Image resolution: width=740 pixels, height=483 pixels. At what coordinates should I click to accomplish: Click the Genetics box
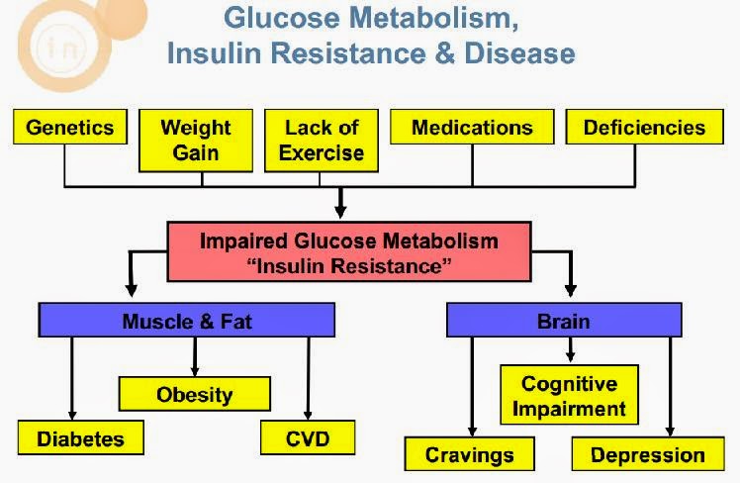(x=70, y=128)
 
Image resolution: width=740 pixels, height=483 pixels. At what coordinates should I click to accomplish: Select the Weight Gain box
(x=196, y=140)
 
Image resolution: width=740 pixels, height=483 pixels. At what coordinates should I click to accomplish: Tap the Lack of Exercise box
(x=322, y=140)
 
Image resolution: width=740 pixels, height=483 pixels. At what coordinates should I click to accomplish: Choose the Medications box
(x=472, y=128)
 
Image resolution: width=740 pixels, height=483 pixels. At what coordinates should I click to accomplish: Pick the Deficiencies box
(x=644, y=128)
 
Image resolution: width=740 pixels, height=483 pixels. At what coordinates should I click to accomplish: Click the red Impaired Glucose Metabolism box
(x=349, y=253)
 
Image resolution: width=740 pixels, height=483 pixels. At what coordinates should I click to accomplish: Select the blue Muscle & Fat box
(x=187, y=321)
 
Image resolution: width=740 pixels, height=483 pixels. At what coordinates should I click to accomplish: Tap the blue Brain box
(x=564, y=321)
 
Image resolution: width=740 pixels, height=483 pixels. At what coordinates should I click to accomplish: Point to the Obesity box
(x=195, y=394)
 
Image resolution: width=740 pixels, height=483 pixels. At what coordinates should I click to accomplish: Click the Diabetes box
(x=80, y=437)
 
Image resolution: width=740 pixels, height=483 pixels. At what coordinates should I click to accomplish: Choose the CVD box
(x=308, y=437)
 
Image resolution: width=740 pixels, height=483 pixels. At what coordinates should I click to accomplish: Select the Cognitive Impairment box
(x=569, y=396)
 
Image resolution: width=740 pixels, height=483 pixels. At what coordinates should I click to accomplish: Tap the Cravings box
(x=470, y=454)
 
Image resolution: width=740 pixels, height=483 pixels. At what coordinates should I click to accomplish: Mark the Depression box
(x=648, y=454)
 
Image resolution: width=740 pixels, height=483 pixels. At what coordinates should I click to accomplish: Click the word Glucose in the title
(x=285, y=18)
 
